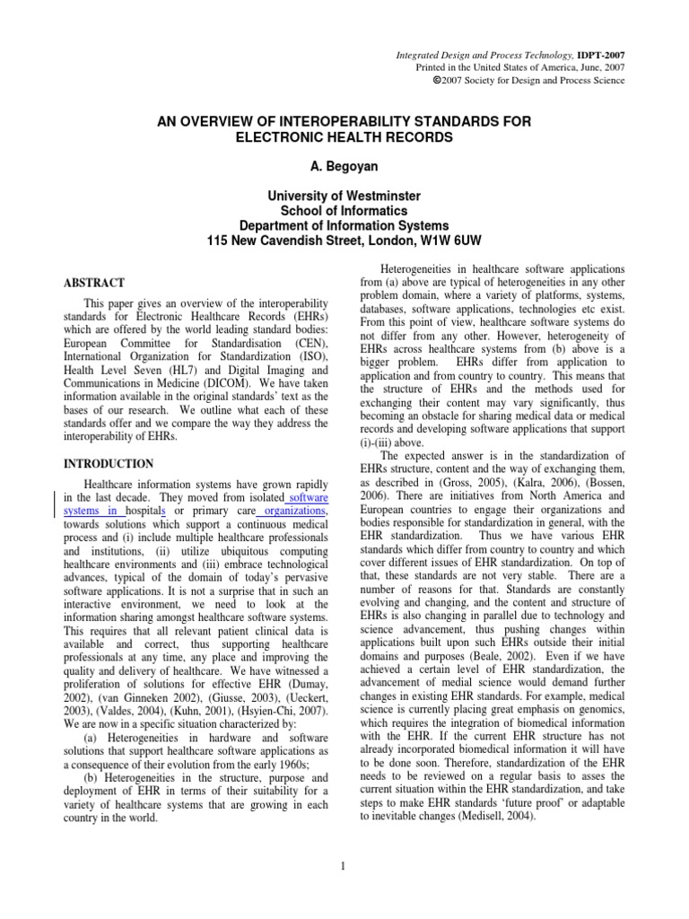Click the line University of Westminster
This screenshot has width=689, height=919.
click(x=344, y=196)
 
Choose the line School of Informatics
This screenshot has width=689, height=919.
click(x=344, y=211)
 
